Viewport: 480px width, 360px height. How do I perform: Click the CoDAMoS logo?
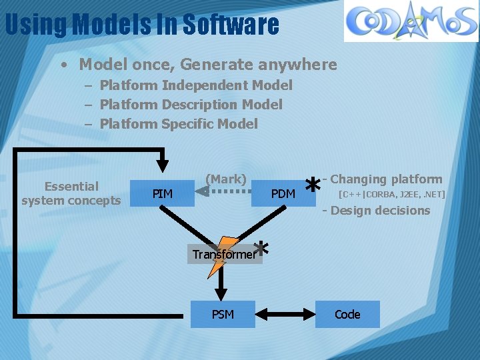(411, 21)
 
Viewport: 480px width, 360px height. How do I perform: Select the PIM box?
(163, 193)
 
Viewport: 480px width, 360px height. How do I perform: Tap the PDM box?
(283, 193)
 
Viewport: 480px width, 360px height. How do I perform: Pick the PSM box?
(223, 314)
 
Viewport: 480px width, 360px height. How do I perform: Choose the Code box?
(347, 314)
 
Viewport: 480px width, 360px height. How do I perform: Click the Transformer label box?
(225, 254)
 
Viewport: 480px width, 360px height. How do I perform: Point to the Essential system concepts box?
(71, 193)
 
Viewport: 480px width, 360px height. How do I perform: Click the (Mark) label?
(226, 179)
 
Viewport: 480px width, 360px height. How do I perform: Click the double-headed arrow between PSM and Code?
(285, 313)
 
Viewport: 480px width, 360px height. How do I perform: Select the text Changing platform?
(386, 179)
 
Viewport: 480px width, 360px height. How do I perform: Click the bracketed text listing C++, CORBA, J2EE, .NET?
(391, 195)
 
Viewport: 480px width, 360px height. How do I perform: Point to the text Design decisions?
(380, 211)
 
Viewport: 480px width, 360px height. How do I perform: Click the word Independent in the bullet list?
(201, 85)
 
